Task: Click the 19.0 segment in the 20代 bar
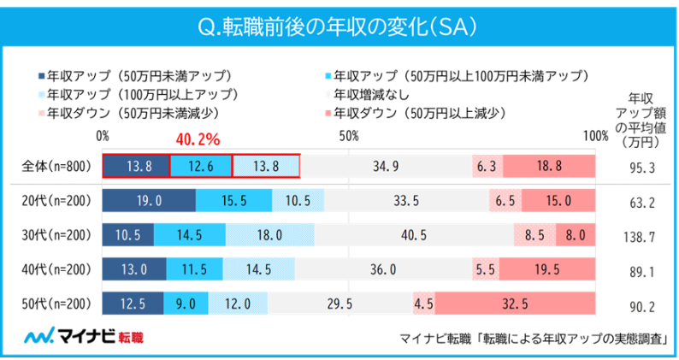click(149, 201)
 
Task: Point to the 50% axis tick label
click(347, 136)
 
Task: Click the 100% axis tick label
click(593, 136)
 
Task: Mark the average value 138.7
click(641, 235)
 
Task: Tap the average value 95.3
click(641, 167)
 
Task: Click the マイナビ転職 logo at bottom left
click(83, 336)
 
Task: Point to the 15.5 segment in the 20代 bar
click(233, 201)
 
